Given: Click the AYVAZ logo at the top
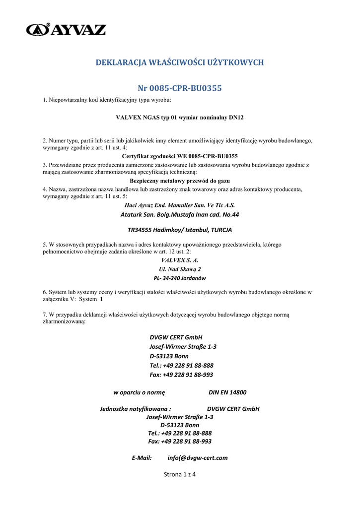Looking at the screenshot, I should pos(66,29).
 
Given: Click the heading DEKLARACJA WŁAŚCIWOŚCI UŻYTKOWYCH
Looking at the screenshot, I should pos(179,63).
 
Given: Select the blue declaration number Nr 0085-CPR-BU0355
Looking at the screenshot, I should pos(179,88).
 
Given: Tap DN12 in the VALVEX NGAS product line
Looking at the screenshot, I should pos(235,118).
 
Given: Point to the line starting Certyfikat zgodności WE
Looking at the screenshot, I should pos(179,156).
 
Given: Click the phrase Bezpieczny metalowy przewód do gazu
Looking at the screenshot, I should pos(179,181).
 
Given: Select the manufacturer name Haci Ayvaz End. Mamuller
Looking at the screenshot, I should pos(179,205).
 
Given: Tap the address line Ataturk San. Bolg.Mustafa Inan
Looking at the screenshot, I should pos(179,215).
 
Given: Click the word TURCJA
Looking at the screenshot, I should pos(221,230).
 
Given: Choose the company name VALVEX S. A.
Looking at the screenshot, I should pos(179,260).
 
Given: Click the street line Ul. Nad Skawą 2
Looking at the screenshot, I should pos(179,269).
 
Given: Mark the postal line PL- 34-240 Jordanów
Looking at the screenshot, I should pos(179,278).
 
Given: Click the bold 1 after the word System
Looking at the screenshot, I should pos(102,300).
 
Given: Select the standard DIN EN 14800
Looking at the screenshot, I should pos(227,392).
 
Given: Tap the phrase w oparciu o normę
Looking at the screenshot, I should pos(139,392).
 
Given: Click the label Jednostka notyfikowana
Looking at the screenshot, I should pos(132,409).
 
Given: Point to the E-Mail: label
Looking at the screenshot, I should pos(142,458).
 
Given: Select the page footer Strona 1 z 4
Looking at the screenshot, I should pos(180,475).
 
